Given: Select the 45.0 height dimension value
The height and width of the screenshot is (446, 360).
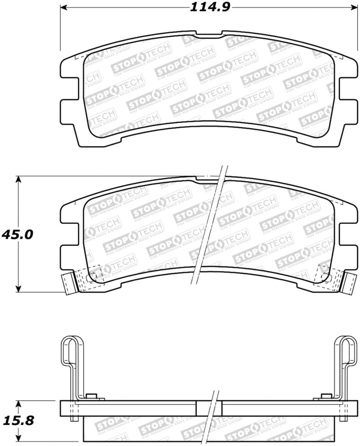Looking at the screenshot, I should (18, 235).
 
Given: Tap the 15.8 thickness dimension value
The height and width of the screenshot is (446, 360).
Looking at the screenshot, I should (18, 421).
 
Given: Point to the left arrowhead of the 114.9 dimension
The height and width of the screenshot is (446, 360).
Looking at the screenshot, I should (63, 8).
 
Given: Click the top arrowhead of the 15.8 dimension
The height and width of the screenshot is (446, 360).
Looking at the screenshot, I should (18, 404).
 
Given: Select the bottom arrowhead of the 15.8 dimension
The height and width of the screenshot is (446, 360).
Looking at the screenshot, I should (18, 439).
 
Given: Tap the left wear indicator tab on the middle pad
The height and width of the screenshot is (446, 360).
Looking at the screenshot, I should (69, 284).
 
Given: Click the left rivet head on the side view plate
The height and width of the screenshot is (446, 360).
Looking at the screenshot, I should (92, 397).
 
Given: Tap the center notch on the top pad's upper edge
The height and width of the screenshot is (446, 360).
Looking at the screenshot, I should (209, 34).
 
